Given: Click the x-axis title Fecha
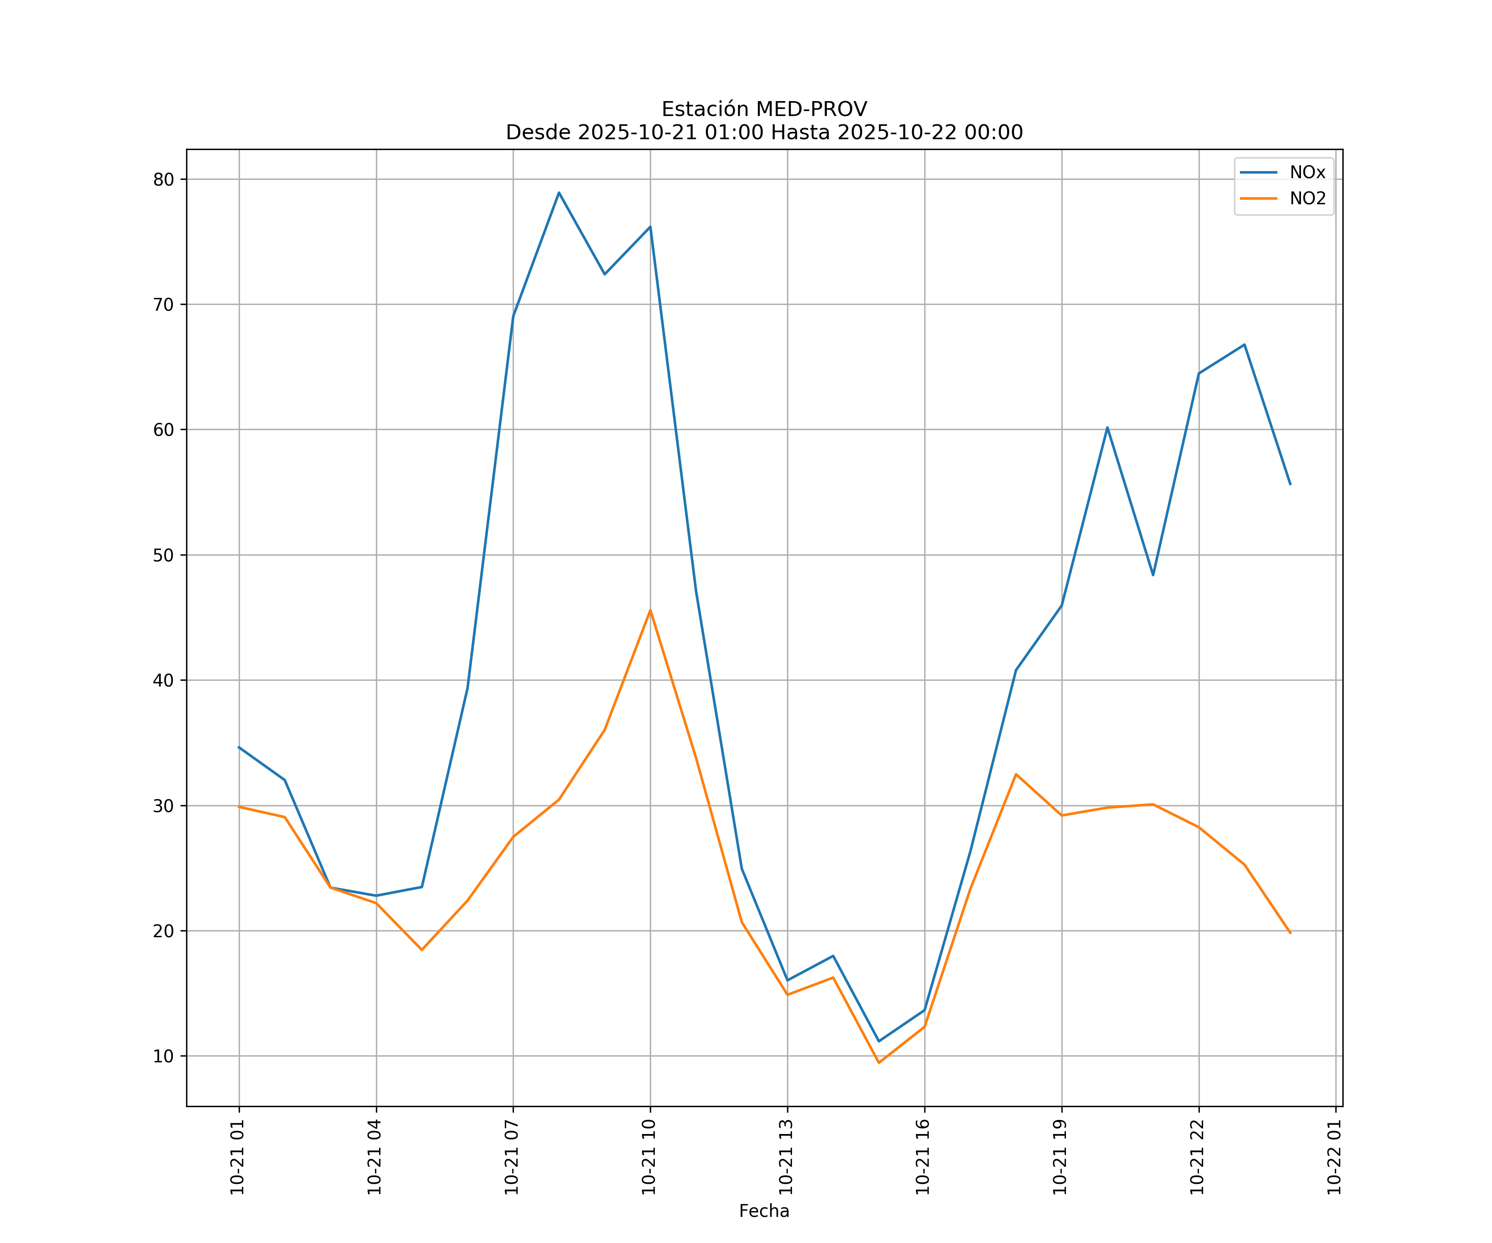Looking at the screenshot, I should point(764,1211).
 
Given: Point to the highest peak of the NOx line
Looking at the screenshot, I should point(559,193).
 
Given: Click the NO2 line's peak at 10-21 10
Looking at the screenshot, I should point(650,610).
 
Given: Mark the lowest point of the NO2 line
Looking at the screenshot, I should point(879,1063).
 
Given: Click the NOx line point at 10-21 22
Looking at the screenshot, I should point(1199,373).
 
